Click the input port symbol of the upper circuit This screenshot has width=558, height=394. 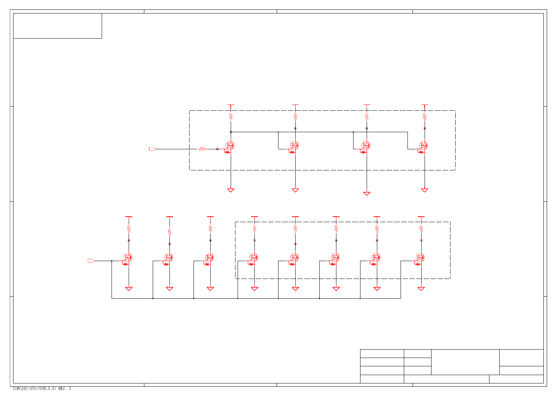tap(152, 149)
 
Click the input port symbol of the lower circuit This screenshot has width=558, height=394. tap(91, 261)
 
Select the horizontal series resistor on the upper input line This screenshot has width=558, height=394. tap(202, 149)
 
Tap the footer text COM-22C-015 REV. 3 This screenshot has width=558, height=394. tap(42, 389)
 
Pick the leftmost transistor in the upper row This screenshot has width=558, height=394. tap(230, 146)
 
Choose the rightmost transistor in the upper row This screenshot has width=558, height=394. tap(424, 146)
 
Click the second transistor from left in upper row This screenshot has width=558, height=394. tap(294, 146)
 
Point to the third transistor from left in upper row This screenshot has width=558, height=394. tap(366, 146)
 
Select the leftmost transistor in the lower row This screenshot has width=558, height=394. tap(128, 258)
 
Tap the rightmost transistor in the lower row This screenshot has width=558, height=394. tap(420, 258)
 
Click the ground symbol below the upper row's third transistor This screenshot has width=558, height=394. tap(367, 194)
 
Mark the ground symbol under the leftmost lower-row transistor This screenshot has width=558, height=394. tap(129, 289)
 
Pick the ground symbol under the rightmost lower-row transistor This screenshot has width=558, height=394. tap(421, 289)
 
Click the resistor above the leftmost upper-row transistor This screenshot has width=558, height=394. tap(231, 117)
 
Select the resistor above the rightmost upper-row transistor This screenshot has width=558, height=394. tap(425, 117)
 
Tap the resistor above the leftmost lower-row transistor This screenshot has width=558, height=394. tap(129, 228)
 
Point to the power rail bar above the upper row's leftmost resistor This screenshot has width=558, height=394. tap(231, 105)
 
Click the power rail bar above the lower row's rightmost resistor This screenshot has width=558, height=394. tap(421, 217)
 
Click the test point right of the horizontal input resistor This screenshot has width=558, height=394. tap(218, 149)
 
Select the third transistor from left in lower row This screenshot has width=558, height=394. tap(210, 258)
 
